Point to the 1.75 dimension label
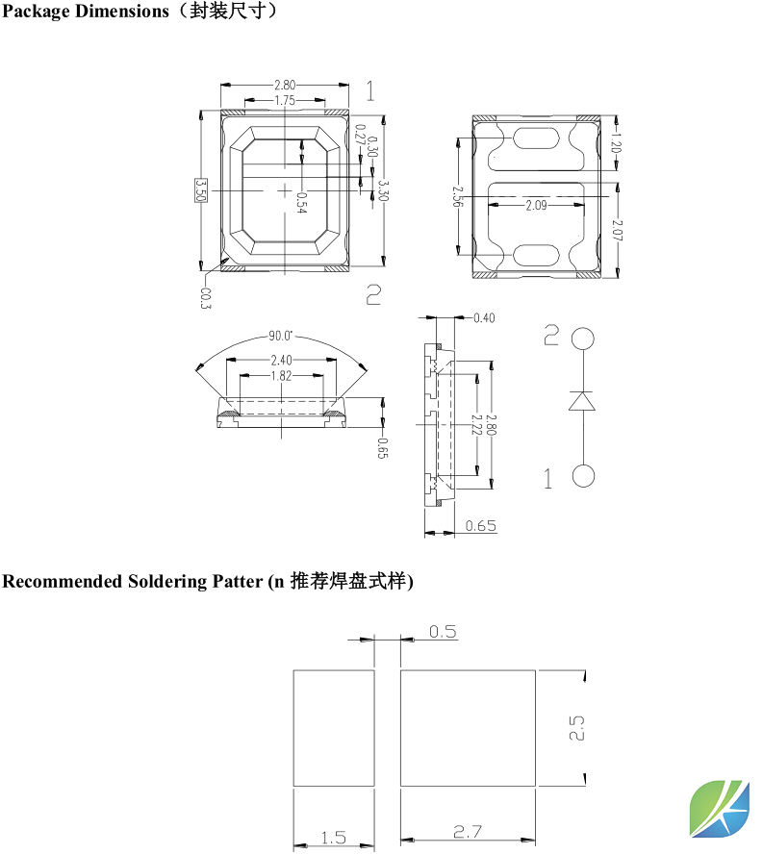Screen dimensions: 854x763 tap(285, 100)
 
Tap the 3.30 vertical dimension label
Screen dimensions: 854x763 tap(383, 189)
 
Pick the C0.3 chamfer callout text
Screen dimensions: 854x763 tap(206, 298)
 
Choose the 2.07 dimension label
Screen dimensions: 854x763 tap(616, 230)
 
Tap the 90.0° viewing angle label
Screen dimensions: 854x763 tap(281, 337)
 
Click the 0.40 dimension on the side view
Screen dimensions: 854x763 tap(484, 318)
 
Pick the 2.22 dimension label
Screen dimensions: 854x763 tap(475, 426)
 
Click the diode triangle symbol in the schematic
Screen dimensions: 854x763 tap(582, 401)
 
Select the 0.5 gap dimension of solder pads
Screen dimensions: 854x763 tap(443, 632)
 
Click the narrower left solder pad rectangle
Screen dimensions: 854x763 tap(333, 729)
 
